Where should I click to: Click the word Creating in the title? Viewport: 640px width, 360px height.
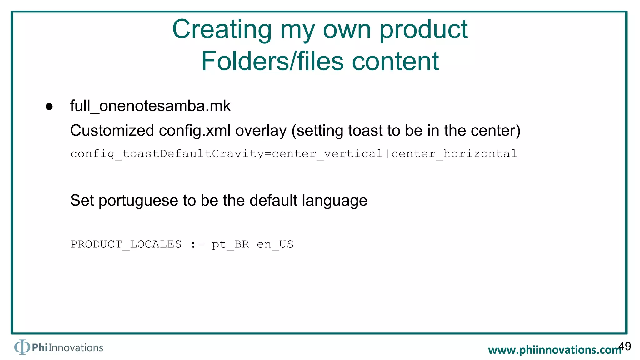click(222, 30)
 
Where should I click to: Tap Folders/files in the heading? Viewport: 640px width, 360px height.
click(272, 61)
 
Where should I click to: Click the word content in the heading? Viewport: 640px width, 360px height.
click(395, 61)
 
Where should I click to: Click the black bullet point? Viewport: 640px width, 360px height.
click(49, 107)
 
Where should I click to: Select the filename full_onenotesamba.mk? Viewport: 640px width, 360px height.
click(150, 106)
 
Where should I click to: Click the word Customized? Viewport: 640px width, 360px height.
click(112, 130)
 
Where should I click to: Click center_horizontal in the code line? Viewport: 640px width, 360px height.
click(454, 154)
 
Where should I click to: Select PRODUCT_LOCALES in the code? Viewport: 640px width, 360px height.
click(126, 244)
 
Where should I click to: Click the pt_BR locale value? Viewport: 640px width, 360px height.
click(230, 244)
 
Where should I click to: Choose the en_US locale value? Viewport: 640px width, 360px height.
click(275, 244)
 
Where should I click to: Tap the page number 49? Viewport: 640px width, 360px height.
click(625, 346)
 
